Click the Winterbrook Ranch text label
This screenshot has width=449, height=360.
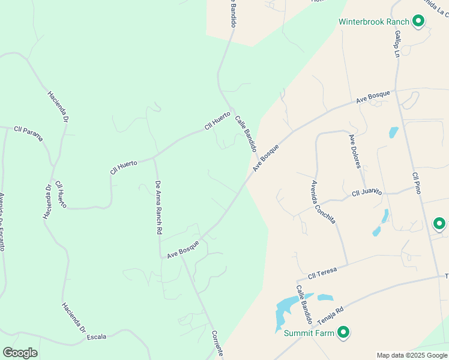click(373, 22)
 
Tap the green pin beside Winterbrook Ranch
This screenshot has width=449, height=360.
click(418, 22)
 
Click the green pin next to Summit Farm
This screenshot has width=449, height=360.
click(343, 332)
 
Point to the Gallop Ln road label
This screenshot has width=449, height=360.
click(397, 44)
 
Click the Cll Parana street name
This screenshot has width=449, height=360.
click(29, 134)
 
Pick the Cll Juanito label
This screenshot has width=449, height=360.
click(367, 192)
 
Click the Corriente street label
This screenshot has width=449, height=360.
click(217, 344)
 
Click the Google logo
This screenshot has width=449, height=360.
click(20, 353)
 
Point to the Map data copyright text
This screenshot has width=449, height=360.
click(411, 355)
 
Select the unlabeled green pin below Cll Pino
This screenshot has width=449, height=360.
click(439, 224)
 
